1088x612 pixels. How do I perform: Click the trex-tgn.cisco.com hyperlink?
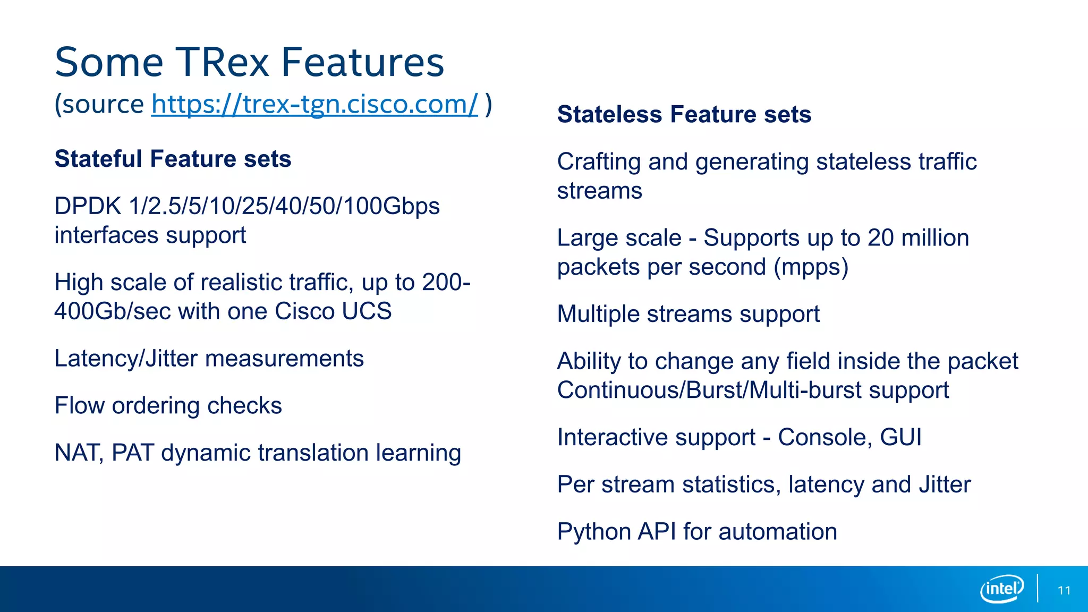(x=314, y=104)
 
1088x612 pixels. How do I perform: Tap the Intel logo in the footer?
(x=1001, y=589)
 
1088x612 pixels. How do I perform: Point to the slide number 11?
(x=1064, y=591)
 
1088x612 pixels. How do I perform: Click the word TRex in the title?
(x=222, y=63)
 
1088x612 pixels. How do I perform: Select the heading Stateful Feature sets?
(x=173, y=159)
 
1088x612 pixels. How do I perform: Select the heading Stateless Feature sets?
(x=684, y=114)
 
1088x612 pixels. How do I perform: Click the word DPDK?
(x=88, y=206)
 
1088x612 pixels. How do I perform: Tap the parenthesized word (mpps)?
(x=811, y=267)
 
